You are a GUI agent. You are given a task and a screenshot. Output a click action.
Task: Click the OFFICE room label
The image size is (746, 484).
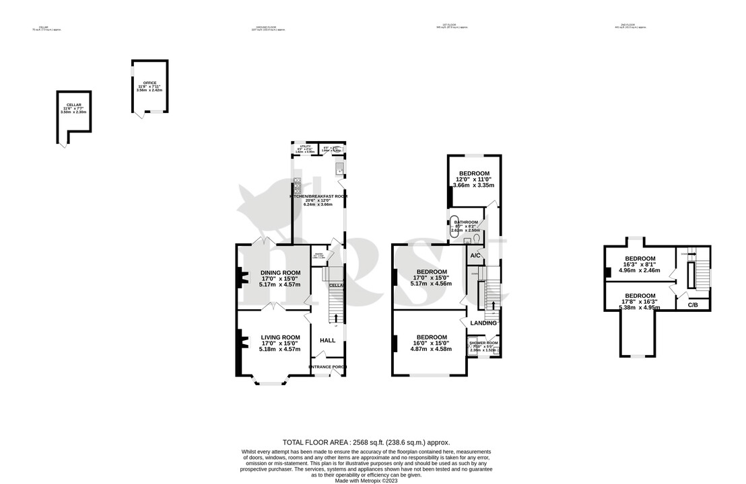coord(149,83)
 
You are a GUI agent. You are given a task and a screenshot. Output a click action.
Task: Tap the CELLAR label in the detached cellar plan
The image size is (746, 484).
coord(74,106)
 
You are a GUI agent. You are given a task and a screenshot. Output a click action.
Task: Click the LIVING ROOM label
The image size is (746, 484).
coord(280,337)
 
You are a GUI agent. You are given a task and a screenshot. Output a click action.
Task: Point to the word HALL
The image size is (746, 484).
coord(327,340)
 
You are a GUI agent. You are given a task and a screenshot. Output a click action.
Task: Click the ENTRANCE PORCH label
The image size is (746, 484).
coord(328,367)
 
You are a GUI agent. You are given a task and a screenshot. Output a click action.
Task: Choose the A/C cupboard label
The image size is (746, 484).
coord(475,256)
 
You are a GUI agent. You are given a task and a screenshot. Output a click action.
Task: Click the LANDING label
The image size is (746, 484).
coord(483,323)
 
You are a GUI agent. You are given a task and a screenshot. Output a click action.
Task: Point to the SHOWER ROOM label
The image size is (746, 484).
coord(483,343)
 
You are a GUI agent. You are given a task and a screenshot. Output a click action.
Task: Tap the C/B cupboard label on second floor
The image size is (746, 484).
coord(692,305)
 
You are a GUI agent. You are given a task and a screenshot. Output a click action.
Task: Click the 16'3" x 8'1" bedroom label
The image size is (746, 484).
coord(639,259)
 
